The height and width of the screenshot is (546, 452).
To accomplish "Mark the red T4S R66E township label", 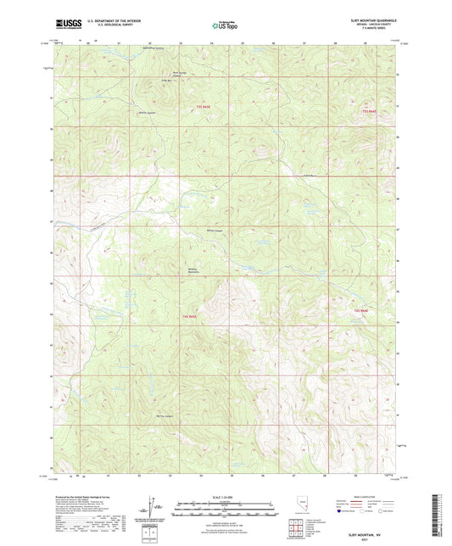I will pyautogui.click(x=360, y=311).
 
